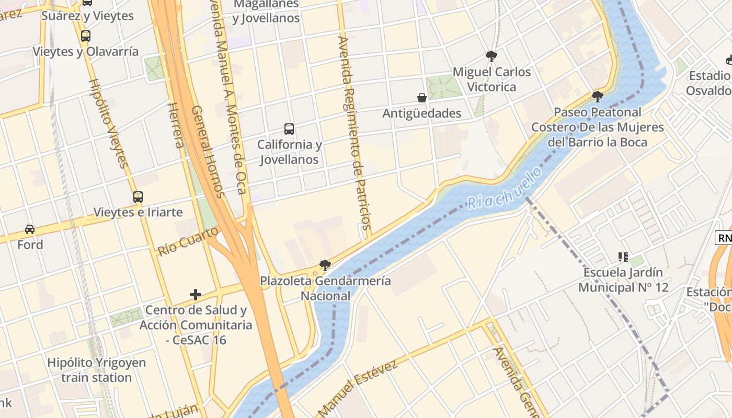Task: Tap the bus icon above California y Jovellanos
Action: [289, 129]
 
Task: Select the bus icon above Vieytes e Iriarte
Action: [138, 197]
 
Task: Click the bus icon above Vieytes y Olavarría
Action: [86, 36]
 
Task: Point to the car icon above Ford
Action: [30, 229]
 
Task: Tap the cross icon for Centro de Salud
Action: [196, 295]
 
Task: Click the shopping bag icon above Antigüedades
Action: [422, 98]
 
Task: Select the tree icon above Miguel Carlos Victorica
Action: [491, 56]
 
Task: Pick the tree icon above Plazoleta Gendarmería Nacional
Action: [325, 265]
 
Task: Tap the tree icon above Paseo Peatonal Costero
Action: [597, 96]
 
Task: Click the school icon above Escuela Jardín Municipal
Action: [623, 257]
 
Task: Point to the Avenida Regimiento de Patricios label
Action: [354, 133]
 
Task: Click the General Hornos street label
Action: [208, 152]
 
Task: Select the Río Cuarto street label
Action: [187, 241]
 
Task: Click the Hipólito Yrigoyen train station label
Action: [97, 370]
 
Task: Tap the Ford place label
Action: [30, 245]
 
